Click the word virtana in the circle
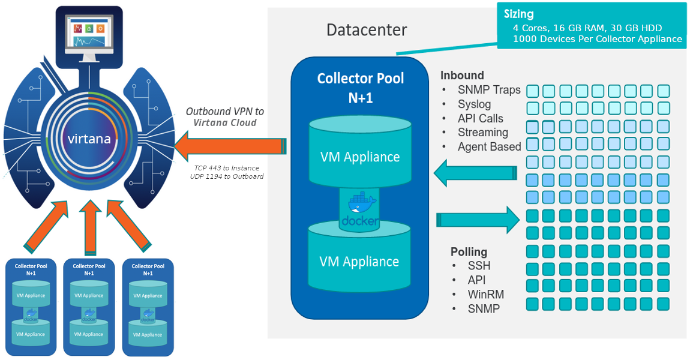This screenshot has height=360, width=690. pos(89,139)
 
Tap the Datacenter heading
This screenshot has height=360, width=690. pos(366,30)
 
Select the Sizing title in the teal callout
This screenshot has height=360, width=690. pos(519,14)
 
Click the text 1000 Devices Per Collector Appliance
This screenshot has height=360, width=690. pos(597,39)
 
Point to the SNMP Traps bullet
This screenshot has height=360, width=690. pos(489,90)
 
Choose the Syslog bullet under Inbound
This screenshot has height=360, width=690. pos(474,104)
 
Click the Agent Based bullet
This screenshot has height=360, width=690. pos(489,146)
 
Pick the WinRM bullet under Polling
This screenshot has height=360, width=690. pos(485,295)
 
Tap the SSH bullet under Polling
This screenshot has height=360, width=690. pos(479,266)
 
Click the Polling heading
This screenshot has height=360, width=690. pos(469,251)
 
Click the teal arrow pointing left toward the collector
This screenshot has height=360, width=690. pos(474,173)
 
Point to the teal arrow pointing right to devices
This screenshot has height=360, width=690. pos(477,220)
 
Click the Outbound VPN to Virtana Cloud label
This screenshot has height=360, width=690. pos(224,117)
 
